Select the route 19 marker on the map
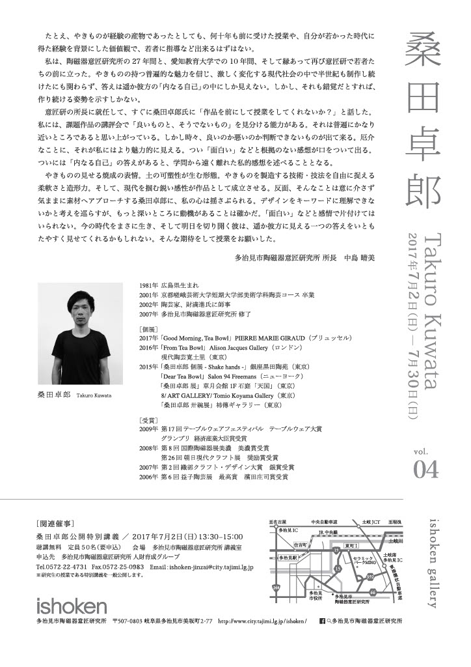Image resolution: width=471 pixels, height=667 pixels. [x=336, y=550]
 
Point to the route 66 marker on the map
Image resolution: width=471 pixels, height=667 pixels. [x=373, y=591]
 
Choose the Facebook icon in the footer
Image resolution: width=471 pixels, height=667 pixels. [x=321, y=622]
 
